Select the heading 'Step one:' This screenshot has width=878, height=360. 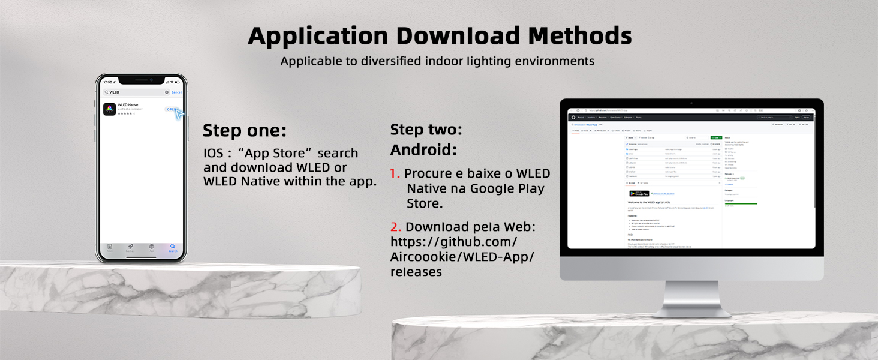click(x=245, y=131)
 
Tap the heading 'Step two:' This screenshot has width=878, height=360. click(x=426, y=130)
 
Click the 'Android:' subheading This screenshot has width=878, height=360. click(x=423, y=149)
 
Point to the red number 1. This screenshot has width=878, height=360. click(x=394, y=174)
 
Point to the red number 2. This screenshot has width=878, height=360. click(x=395, y=227)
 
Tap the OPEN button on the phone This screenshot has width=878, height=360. click(x=172, y=109)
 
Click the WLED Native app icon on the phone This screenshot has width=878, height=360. click(x=109, y=109)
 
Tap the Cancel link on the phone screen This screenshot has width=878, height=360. click(x=176, y=92)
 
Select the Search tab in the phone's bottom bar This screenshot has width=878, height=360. click(x=172, y=247)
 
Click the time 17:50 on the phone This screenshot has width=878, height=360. click(x=108, y=82)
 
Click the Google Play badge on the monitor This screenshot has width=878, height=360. click(x=639, y=193)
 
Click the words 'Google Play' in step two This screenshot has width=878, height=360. click(x=507, y=188)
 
